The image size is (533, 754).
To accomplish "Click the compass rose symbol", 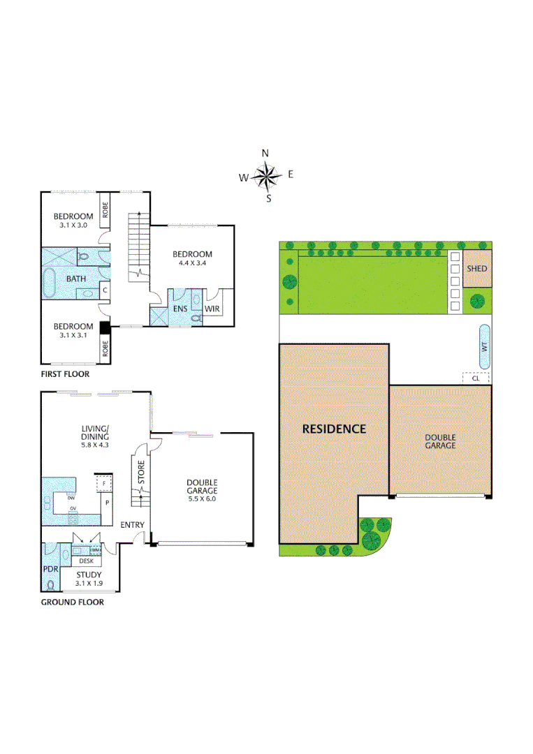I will pyautogui.click(x=265, y=176).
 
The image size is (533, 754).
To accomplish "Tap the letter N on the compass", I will pyautogui.click(x=265, y=154).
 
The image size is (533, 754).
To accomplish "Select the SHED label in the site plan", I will pyautogui.click(x=477, y=269).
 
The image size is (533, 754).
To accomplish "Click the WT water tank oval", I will pyautogui.click(x=484, y=347).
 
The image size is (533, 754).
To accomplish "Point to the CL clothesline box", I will pyautogui.click(x=476, y=378).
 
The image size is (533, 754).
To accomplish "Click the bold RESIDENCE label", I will pyautogui.click(x=334, y=429).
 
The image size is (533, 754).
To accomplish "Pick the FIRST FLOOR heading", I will pyautogui.click(x=65, y=374).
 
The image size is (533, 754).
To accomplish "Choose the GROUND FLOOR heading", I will pyautogui.click(x=72, y=602).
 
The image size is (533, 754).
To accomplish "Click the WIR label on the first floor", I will pyautogui.click(x=212, y=308).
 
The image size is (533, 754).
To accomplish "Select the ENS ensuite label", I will pyautogui.click(x=180, y=308).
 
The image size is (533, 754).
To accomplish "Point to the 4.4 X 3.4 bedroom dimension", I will pyautogui.click(x=192, y=263).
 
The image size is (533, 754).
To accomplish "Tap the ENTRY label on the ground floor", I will pyautogui.click(x=133, y=524).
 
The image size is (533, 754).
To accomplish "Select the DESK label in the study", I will pyautogui.click(x=86, y=561).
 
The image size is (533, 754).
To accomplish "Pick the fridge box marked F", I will pyautogui.click(x=104, y=482).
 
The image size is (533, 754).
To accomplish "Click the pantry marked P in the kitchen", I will pyautogui.click(x=107, y=502).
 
